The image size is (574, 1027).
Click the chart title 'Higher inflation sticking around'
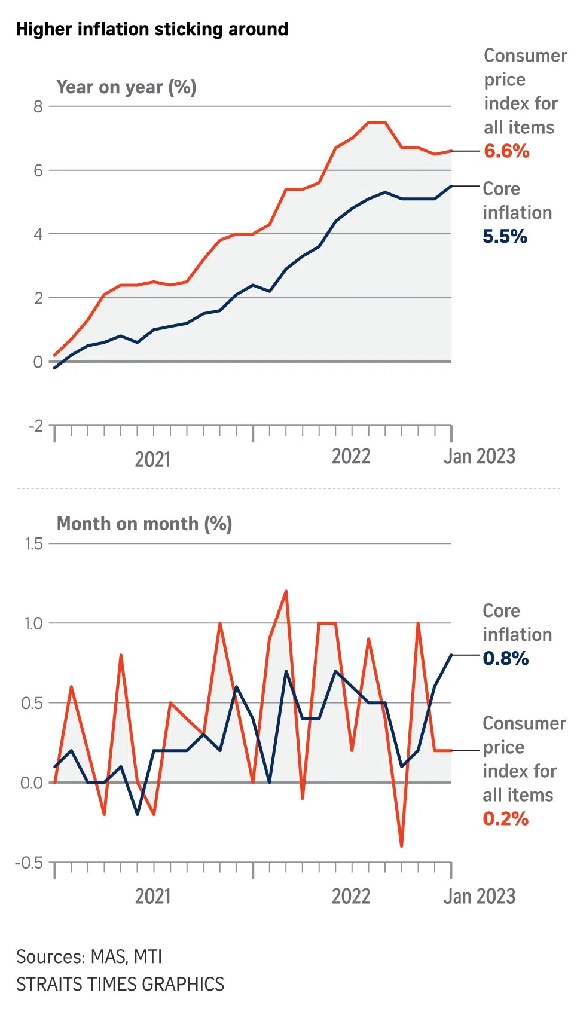click(152, 29)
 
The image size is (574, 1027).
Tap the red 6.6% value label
click(506, 151)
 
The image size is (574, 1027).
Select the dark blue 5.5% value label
click(505, 237)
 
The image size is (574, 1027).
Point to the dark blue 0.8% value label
click(505, 659)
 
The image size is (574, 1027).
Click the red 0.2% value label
click(505, 819)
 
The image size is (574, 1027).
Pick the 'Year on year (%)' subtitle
click(126, 87)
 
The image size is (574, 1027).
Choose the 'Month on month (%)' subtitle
click(144, 524)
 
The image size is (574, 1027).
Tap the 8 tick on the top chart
click(38, 106)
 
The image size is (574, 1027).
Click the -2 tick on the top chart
click(36, 426)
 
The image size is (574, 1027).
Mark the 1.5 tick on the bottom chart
click(34, 543)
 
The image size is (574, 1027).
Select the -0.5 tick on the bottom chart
click(30, 863)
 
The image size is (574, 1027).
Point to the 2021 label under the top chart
click(152, 459)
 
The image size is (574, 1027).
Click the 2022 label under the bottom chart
click(351, 896)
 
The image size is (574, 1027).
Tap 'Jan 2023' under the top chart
click(479, 457)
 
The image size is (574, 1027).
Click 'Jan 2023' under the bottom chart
click(479, 896)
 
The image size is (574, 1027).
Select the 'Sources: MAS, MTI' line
click(89, 957)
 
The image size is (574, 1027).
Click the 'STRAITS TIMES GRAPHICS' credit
click(120, 984)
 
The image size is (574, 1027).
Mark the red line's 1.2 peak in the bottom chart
click(286, 591)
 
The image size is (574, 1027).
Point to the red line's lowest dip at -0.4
click(401, 846)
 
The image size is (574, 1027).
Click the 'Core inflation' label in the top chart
click(517, 201)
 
